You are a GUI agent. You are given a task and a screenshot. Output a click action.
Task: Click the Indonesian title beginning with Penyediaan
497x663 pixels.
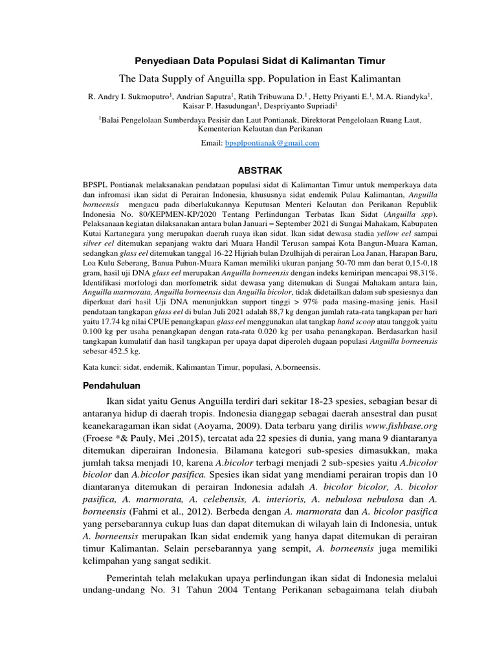[260, 61]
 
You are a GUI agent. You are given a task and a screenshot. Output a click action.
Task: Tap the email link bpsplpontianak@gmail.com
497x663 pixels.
[272, 143]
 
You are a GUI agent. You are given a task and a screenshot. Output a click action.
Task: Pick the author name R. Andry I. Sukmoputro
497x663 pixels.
[127, 96]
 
